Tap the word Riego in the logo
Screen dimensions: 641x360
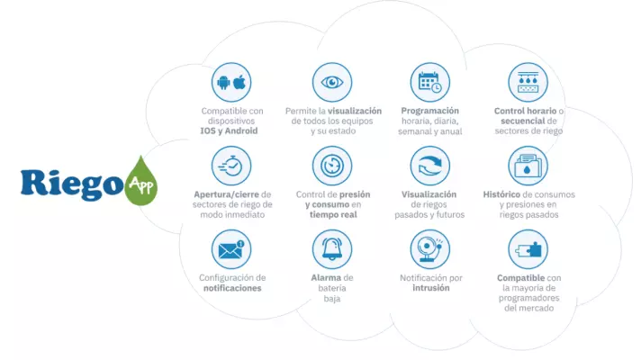[x=72, y=184]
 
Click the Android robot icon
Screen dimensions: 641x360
[x=223, y=83]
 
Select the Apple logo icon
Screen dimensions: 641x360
[x=239, y=82]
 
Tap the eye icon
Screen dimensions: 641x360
[x=332, y=82]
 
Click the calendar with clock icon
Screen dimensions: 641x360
[x=430, y=82]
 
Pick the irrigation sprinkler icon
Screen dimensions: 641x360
[x=528, y=82]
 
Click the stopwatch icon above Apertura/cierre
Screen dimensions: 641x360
[x=230, y=166]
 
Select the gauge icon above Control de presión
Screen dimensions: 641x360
[x=332, y=166]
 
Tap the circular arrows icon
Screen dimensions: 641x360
[x=430, y=166]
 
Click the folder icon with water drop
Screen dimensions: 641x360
[x=528, y=166]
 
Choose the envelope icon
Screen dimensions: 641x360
[x=231, y=250]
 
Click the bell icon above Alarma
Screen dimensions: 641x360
[x=332, y=249]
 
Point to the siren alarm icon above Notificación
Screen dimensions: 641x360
[x=429, y=249]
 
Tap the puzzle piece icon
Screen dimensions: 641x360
[x=528, y=249]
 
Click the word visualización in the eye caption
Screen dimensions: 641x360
[x=355, y=111]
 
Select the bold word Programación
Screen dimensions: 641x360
[x=430, y=111]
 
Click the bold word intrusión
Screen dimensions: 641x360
[x=431, y=288]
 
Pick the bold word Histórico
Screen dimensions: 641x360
[x=508, y=194]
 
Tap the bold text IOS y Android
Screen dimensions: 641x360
[x=229, y=130]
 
